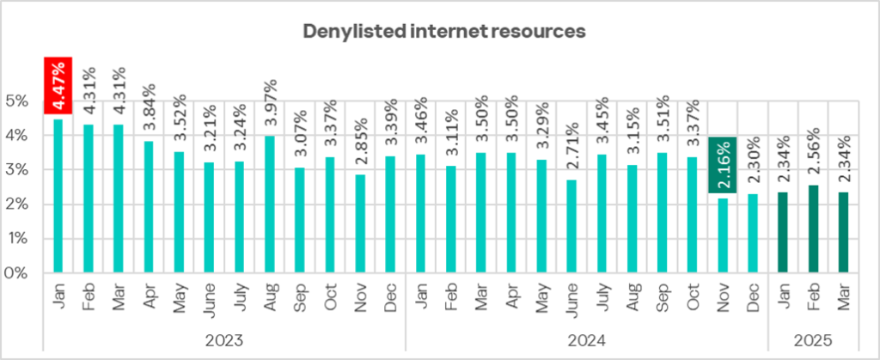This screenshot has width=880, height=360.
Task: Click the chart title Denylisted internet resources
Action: click(x=444, y=31)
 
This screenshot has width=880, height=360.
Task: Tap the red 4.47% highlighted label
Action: click(x=58, y=85)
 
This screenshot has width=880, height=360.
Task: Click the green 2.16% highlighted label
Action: click(x=723, y=164)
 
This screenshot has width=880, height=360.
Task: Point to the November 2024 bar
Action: click(x=723, y=235)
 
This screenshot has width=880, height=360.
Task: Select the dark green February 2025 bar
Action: click(x=813, y=229)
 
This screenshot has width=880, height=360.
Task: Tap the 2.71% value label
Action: click(x=571, y=147)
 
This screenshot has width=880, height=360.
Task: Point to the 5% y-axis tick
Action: click(x=16, y=101)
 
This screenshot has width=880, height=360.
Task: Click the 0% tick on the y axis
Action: click(x=16, y=273)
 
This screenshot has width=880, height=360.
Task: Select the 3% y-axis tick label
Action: click(x=16, y=170)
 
